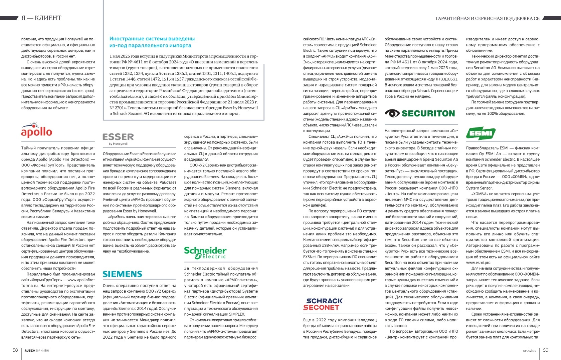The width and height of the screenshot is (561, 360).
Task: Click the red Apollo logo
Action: pyautogui.click(x=36, y=130)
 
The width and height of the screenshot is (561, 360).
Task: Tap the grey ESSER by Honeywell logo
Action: pyautogui.click(x=118, y=137)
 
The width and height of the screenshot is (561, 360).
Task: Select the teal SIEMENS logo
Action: pyautogui.click(x=122, y=274)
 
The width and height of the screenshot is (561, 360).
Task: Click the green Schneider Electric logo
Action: pyautogui.click(x=205, y=253)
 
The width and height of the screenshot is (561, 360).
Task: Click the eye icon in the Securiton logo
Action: pyautogui.click(x=392, y=113)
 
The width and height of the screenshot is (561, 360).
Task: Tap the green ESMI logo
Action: pyautogui.click(x=481, y=133)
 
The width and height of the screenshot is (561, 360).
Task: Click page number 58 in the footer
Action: pyautogui.click(x=15, y=350)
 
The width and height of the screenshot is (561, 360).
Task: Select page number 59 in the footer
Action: pyautogui.click(x=546, y=350)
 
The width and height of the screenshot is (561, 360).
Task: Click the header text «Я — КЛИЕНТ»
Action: pyautogui.click(x=41, y=18)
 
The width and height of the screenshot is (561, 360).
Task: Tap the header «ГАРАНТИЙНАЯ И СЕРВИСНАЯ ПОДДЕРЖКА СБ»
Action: pyautogui.click(x=488, y=18)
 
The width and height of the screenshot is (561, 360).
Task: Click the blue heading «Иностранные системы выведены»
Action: pyautogui.click(x=152, y=39)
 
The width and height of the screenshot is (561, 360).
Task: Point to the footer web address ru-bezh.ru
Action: pyautogui.click(x=529, y=350)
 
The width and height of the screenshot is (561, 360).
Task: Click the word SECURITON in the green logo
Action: pyautogui.click(x=428, y=113)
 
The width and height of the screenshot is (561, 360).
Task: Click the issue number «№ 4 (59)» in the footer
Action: pyautogui.click(x=42, y=350)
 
